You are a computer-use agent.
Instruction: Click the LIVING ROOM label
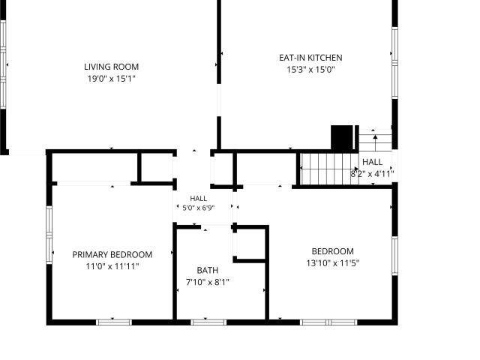pyautogui.click(x=112, y=67)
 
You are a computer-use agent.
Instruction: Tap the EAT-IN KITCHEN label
pyautogui.click(x=310, y=58)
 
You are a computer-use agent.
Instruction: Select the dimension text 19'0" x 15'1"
pyautogui.click(x=112, y=79)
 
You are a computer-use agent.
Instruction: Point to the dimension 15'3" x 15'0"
pyautogui.click(x=310, y=70)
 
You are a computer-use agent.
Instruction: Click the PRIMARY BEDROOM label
pyautogui.click(x=112, y=255)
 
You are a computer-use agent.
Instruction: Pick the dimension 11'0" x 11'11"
pyautogui.click(x=112, y=266)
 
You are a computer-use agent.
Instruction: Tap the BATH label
pyautogui.click(x=208, y=270)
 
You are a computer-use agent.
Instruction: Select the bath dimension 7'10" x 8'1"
pyautogui.click(x=208, y=282)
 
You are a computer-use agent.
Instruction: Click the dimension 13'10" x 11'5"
pyautogui.click(x=333, y=263)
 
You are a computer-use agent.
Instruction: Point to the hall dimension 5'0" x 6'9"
pyautogui.click(x=198, y=208)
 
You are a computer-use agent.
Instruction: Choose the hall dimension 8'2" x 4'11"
pyautogui.click(x=372, y=174)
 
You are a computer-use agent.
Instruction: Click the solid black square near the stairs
pyautogui.click(x=342, y=137)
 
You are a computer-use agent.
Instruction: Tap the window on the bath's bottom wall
pyautogui.click(x=208, y=322)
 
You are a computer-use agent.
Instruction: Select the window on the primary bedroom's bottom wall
pyautogui.click(x=114, y=322)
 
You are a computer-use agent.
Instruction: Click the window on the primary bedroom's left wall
pyautogui.click(x=49, y=235)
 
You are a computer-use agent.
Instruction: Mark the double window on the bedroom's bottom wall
pyautogui.click(x=328, y=322)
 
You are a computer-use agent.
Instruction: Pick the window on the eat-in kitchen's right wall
pyautogui.click(x=395, y=63)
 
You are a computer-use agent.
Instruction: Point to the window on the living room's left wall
pyautogui.click(x=3, y=64)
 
